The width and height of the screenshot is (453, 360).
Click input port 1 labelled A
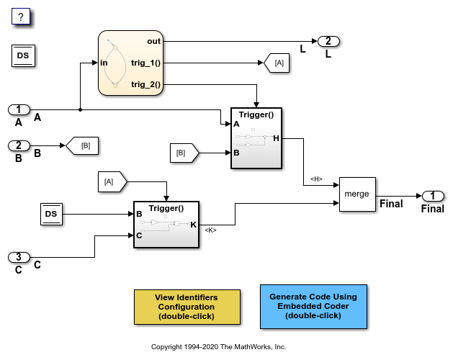point(19,109)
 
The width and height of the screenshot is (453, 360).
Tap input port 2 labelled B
point(19,145)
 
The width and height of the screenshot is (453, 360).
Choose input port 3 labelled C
point(19,257)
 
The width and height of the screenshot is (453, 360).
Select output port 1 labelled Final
point(433,195)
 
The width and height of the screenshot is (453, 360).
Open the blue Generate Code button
point(313,306)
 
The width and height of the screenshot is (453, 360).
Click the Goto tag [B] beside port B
point(82,146)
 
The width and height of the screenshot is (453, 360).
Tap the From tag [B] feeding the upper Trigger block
point(184,153)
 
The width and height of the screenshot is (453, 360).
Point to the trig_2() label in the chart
point(145,85)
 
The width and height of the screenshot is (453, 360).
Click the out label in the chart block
point(153,42)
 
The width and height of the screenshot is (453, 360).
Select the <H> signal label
point(315,179)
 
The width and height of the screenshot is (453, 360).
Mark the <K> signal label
point(210,230)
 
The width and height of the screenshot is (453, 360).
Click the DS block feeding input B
point(53,213)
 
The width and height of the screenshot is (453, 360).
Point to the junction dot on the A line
point(79,109)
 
